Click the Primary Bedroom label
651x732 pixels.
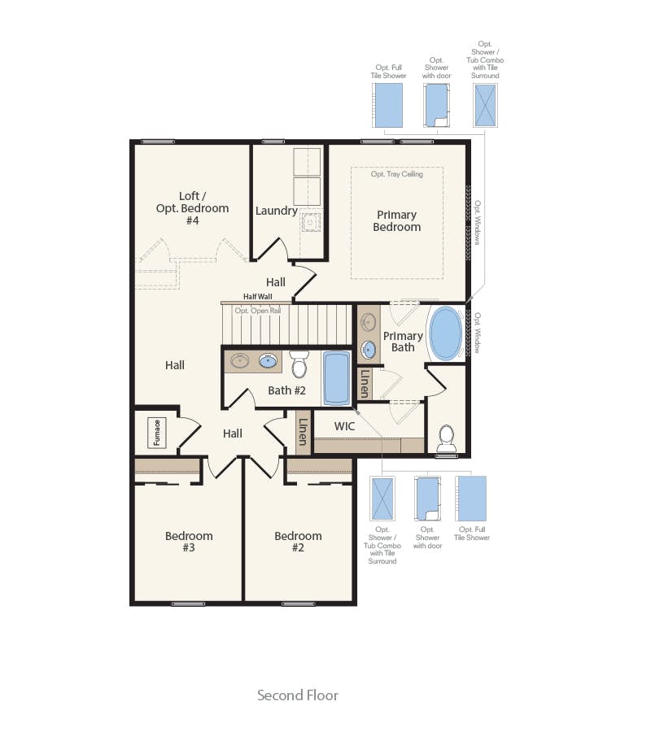pyautogui.click(x=397, y=221)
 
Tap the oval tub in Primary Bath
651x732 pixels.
pyautogui.click(x=445, y=333)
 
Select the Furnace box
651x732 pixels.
pyautogui.click(x=156, y=433)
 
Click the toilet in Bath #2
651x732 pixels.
pyautogui.click(x=299, y=365)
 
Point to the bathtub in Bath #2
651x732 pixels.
pyautogui.click(x=336, y=377)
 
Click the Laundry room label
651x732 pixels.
pyautogui.click(x=276, y=211)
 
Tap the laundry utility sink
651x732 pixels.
pyautogui.click(x=311, y=221)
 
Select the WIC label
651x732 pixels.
pyautogui.click(x=345, y=426)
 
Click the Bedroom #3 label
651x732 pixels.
pyautogui.click(x=189, y=542)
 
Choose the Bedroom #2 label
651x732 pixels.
pyautogui.click(x=298, y=542)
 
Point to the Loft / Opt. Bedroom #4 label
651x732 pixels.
pyautogui.click(x=192, y=208)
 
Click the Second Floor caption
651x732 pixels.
pyautogui.click(x=298, y=695)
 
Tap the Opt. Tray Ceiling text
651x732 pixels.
pyautogui.click(x=397, y=174)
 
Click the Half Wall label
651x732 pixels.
pyautogui.click(x=257, y=297)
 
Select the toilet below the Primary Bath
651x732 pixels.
pyautogui.click(x=446, y=439)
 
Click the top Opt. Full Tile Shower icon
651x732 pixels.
pyautogui.click(x=388, y=105)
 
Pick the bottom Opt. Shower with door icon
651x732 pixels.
pyautogui.click(x=427, y=499)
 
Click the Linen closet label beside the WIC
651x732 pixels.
pyautogui.click(x=303, y=431)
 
